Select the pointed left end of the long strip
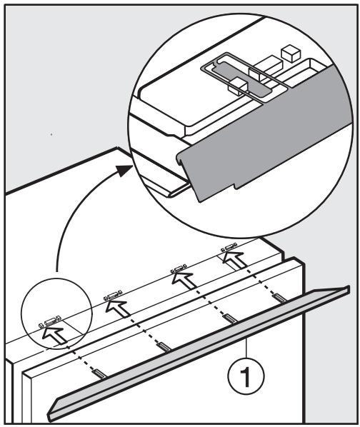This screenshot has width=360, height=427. [x=52, y=412]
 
